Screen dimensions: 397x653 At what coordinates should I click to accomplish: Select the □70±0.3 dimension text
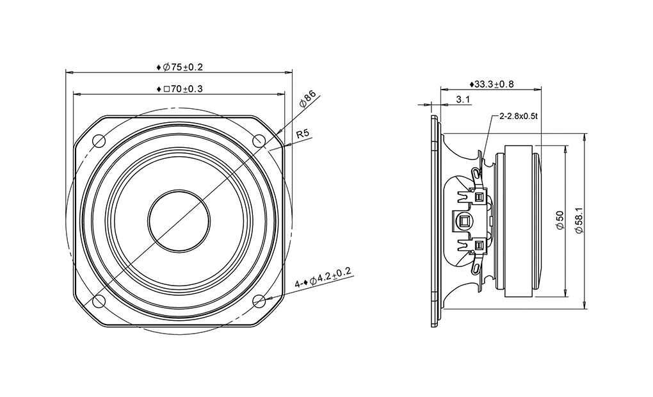(x=180, y=89)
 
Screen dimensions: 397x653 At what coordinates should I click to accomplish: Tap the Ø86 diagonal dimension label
(x=308, y=99)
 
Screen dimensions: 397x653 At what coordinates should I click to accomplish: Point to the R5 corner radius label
(x=303, y=134)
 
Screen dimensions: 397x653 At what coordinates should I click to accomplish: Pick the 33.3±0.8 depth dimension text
(x=492, y=84)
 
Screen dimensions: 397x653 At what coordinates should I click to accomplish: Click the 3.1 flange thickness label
(x=464, y=99)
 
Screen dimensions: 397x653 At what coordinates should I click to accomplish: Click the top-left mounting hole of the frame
(x=99, y=141)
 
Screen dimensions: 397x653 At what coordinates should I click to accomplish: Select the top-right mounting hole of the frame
(x=259, y=141)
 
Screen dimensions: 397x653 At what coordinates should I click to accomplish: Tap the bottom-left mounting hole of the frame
(x=99, y=300)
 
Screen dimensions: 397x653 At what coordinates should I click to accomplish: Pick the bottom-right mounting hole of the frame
(x=259, y=300)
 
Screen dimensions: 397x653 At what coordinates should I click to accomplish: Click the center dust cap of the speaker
(x=179, y=220)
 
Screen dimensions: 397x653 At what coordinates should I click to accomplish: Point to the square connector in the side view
(x=464, y=221)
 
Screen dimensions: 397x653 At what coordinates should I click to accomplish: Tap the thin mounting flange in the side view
(x=435, y=220)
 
